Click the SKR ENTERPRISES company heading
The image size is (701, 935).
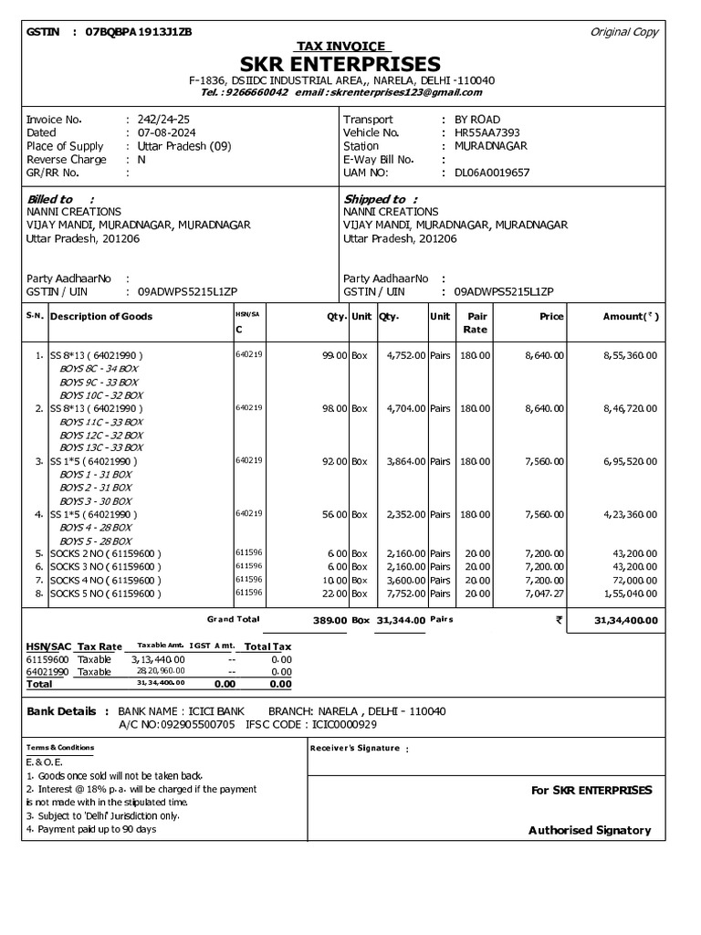tap(340, 64)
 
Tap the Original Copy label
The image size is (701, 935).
tap(624, 32)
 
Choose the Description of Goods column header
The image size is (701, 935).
tap(101, 317)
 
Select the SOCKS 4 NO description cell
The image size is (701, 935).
tap(106, 580)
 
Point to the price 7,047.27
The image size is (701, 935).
tap(543, 593)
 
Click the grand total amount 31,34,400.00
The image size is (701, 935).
tap(625, 620)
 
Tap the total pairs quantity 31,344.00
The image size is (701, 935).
tap(401, 620)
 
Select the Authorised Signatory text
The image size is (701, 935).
tap(590, 830)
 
